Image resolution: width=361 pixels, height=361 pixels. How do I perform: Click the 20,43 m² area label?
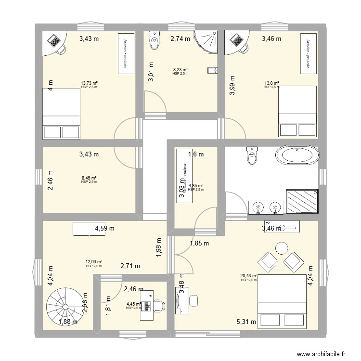[249, 276]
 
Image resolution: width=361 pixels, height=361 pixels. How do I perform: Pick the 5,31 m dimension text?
[246, 322]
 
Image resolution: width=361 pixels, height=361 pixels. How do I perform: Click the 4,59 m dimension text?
[104, 229]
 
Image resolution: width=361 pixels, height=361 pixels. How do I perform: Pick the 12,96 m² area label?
[94, 262]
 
